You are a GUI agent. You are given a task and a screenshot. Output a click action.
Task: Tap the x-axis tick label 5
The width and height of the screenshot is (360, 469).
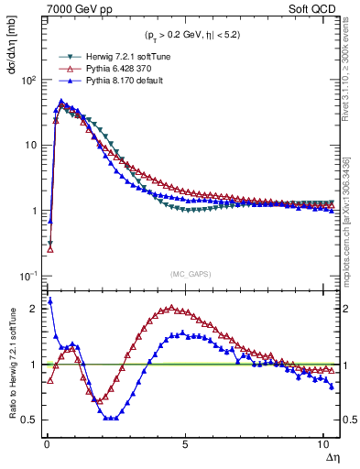185,442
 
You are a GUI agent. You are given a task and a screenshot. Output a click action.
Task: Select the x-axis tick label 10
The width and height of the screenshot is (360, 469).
323,442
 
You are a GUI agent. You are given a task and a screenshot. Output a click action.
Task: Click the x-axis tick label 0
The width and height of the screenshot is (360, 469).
47,442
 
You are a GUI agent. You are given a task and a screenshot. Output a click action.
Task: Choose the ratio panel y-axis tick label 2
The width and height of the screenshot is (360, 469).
34,309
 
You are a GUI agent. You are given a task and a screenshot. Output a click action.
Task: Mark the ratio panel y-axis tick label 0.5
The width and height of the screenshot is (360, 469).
29,420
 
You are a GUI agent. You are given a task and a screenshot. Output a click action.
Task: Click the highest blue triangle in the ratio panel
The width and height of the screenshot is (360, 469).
49,300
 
